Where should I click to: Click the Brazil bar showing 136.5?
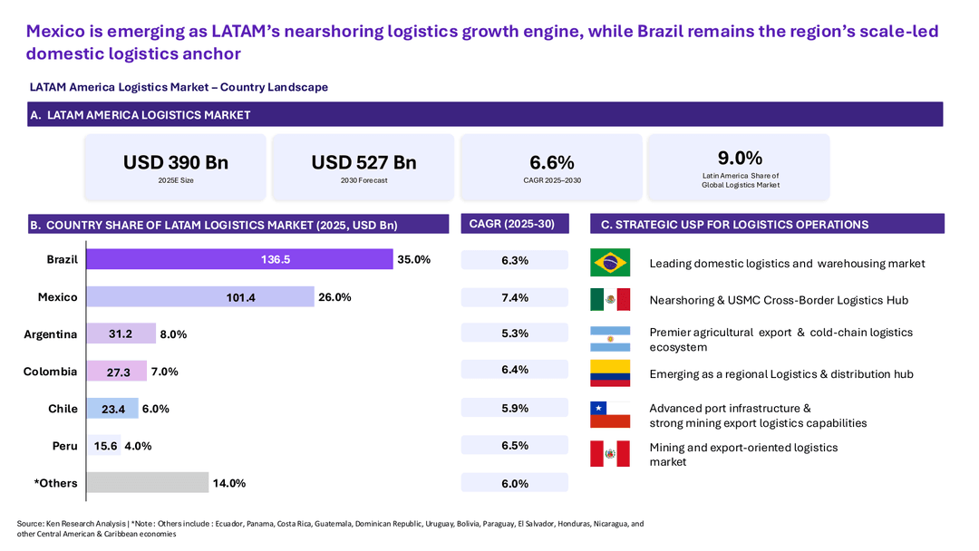click(239, 259)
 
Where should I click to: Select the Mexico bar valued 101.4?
click(200, 297)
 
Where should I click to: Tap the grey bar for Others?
click(148, 482)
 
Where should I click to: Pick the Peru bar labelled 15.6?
click(103, 446)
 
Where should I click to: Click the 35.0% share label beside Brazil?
click(414, 259)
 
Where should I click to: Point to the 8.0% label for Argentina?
click(173, 334)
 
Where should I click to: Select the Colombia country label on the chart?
click(51, 372)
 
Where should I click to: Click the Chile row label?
click(63, 409)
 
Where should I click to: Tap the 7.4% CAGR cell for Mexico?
click(515, 297)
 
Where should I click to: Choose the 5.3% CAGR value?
click(515, 333)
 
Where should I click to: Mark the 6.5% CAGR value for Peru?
click(515, 446)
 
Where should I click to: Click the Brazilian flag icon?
click(610, 262)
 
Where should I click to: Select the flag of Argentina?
click(610, 339)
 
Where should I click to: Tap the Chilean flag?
click(610, 415)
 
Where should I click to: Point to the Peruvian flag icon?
click(610, 454)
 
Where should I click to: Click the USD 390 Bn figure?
click(176, 162)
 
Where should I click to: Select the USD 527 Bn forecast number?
click(364, 162)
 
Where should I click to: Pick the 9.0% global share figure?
click(740, 158)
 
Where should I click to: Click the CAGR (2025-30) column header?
click(512, 224)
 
